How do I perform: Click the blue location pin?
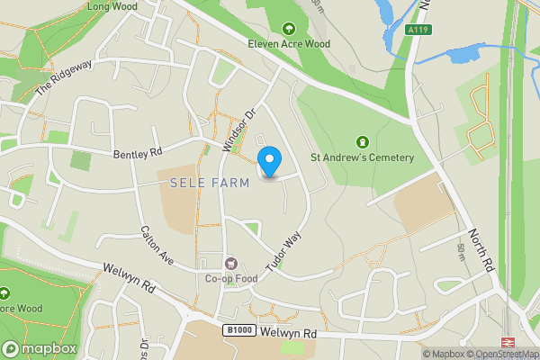point(269,162)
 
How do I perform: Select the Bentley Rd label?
point(137,154)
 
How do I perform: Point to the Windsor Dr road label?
point(239,130)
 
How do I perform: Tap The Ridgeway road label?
point(65,78)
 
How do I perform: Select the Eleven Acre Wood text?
point(289,43)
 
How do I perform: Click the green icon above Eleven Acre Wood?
point(289,28)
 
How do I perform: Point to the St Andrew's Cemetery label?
point(363,158)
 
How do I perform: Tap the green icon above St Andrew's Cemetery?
point(363,142)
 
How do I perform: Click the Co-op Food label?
point(231,279)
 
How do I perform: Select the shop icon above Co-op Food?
point(231,264)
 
